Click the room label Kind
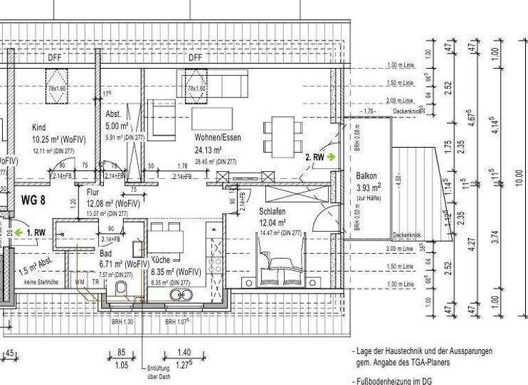pyautogui.click(x=39, y=127)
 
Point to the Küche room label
pyautogui.click(x=161, y=261)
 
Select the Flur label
pyautogui.click(x=93, y=193)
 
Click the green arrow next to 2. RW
pyautogui.click(x=332, y=157)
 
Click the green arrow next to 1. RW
pyautogui.click(x=19, y=232)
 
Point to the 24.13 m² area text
pyautogui.click(x=208, y=150)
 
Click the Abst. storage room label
pyautogui.click(x=113, y=114)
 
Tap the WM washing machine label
pyautogui.click(x=78, y=282)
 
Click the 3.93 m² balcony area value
pyautogui.click(x=368, y=188)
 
